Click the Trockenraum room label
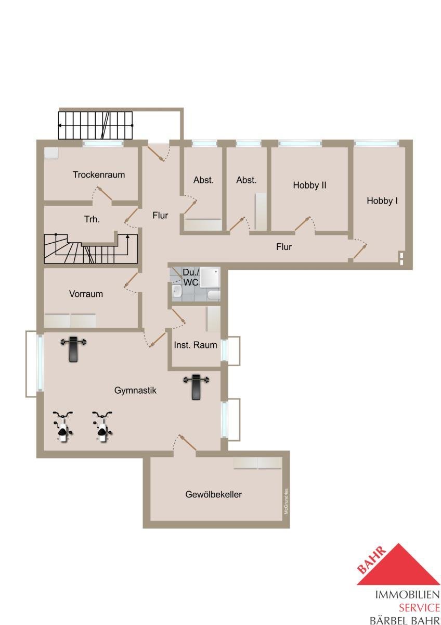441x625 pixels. click(x=99, y=174)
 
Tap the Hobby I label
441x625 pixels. click(x=382, y=201)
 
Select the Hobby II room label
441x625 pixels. click(x=309, y=185)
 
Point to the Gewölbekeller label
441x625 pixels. click(x=213, y=494)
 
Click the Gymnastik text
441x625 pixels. click(x=135, y=390)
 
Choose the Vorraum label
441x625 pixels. click(x=86, y=294)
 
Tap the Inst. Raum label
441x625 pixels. click(x=196, y=345)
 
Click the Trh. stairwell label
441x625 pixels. click(x=92, y=219)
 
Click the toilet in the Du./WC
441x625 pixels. click(x=214, y=295)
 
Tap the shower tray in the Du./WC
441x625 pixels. click(x=210, y=277)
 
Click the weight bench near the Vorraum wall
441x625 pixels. click(x=73, y=348)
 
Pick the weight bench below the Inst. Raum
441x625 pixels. click(x=196, y=386)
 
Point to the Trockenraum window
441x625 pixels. click(x=103, y=144)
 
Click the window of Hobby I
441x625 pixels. click(x=377, y=143)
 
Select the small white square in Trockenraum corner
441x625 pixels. click(x=51, y=153)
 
